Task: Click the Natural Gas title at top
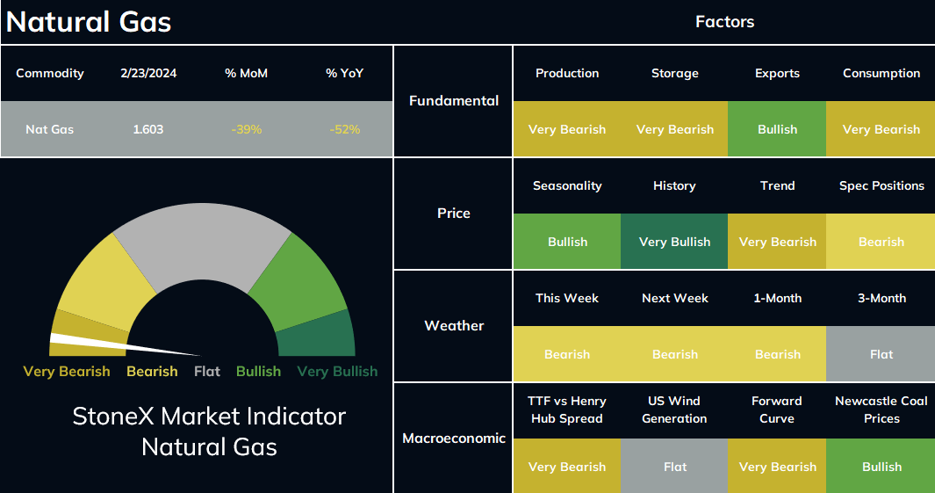click(89, 22)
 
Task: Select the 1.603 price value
click(147, 129)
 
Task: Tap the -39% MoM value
click(247, 129)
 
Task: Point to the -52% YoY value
click(345, 129)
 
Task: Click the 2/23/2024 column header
click(148, 74)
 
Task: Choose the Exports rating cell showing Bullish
click(777, 129)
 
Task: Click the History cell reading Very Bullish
click(674, 241)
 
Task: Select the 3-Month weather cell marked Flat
click(881, 354)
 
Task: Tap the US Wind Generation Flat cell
click(674, 466)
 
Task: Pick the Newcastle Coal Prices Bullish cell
click(881, 466)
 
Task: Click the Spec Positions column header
click(881, 185)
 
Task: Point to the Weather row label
click(454, 325)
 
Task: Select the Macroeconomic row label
click(454, 439)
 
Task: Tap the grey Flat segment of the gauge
click(202, 239)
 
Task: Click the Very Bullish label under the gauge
click(337, 371)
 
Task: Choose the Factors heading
click(724, 22)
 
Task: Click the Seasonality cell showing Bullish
click(567, 241)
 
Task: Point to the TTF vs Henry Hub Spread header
click(567, 410)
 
